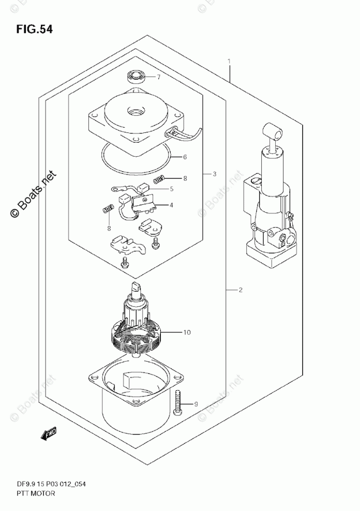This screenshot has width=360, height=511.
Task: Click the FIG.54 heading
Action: [x=34, y=29]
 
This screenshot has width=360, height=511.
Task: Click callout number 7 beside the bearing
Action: [x=159, y=78]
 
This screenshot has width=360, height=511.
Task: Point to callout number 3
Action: [x=214, y=174]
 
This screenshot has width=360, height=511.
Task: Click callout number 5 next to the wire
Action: [x=171, y=189]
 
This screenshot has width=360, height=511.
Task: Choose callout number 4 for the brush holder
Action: [x=171, y=205]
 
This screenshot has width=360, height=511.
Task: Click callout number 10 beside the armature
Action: [x=187, y=333]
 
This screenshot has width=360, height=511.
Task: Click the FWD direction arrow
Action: [x=49, y=434]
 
